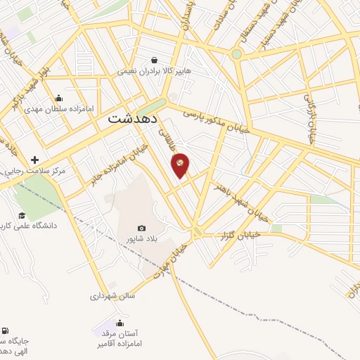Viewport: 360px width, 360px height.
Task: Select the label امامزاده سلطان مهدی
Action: [x=53, y=109]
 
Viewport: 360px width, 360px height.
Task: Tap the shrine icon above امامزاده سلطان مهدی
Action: [x=58, y=98]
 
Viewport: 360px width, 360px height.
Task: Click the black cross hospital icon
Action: [x=34, y=160]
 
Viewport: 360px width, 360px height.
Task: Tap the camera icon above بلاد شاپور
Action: [x=142, y=228]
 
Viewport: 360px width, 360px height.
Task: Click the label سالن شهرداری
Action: [x=112, y=296]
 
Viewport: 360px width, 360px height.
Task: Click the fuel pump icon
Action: [x=5, y=330]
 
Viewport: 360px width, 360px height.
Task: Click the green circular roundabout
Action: [x=237, y=53]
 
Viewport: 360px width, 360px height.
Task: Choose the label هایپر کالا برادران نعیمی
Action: [x=164, y=71]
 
